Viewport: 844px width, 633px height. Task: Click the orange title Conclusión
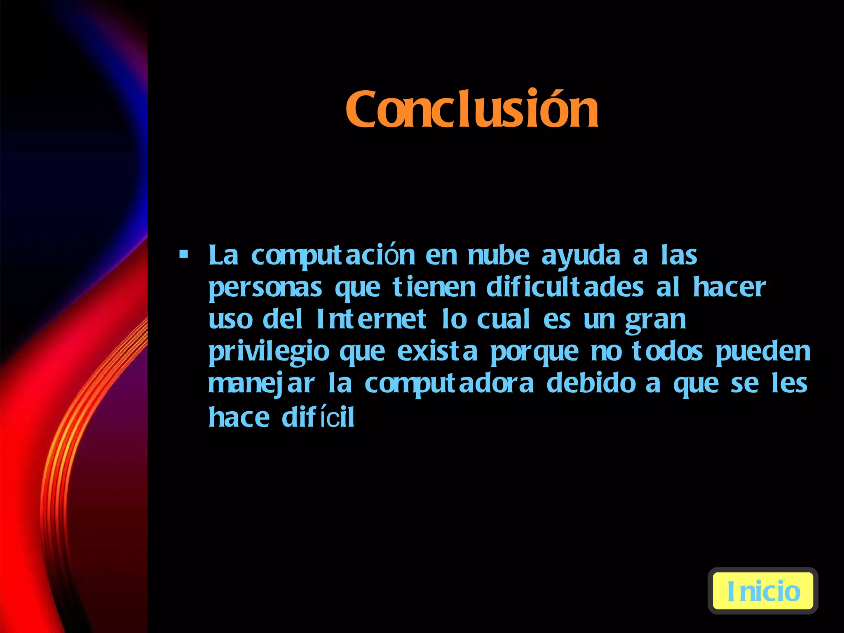click(472, 109)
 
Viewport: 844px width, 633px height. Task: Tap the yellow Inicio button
click(763, 591)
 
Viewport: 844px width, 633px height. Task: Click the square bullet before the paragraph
click(184, 254)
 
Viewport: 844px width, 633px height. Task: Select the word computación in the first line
click(333, 256)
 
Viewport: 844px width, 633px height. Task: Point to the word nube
click(498, 255)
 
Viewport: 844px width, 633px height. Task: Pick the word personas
click(265, 288)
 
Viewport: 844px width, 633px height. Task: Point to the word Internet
click(371, 319)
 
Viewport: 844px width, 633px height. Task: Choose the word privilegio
click(269, 353)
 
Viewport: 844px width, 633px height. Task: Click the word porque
click(535, 353)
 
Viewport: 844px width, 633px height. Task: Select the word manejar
click(261, 384)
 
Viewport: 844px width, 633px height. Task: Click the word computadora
click(449, 384)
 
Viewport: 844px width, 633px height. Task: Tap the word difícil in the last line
click(318, 417)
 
